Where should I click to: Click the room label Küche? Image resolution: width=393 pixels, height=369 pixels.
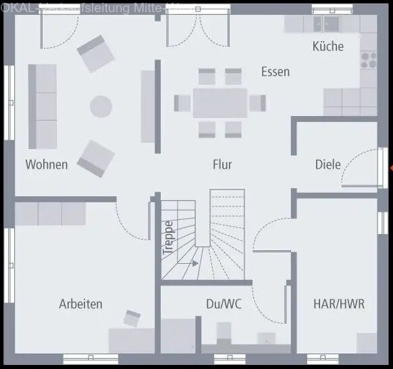pyautogui.click(x=327, y=47)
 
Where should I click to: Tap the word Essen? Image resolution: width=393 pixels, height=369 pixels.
pyautogui.click(x=276, y=72)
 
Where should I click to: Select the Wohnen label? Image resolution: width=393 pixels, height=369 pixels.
pyautogui.click(x=47, y=164)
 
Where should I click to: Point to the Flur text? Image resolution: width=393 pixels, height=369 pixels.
pyautogui.click(x=222, y=164)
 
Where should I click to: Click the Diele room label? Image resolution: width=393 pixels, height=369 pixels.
pyautogui.click(x=327, y=164)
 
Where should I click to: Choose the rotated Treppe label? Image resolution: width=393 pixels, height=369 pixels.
pyautogui.click(x=168, y=237)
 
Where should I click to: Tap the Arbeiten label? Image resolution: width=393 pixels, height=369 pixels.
pyautogui.click(x=80, y=304)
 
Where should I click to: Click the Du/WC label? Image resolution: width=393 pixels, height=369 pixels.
pyautogui.click(x=224, y=304)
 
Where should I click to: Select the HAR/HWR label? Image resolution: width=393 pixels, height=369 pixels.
pyautogui.click(x=338, y=304)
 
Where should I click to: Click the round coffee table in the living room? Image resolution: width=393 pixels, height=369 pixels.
pyautogui.click(x=101, y=106)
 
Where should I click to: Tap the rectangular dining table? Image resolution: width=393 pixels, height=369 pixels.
pyautogui.click(x=220, y=103)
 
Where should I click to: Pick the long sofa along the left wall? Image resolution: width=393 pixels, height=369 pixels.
pyautogui.click(x=42, y=106)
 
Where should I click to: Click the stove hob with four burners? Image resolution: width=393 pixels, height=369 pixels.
pyautogui.click(x=369, y=59)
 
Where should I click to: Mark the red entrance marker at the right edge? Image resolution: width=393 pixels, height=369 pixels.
pyautogui.click(x=391, y=168)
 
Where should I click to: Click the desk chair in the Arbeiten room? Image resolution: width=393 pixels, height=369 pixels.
pyautogui.click(x=132, y=318)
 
